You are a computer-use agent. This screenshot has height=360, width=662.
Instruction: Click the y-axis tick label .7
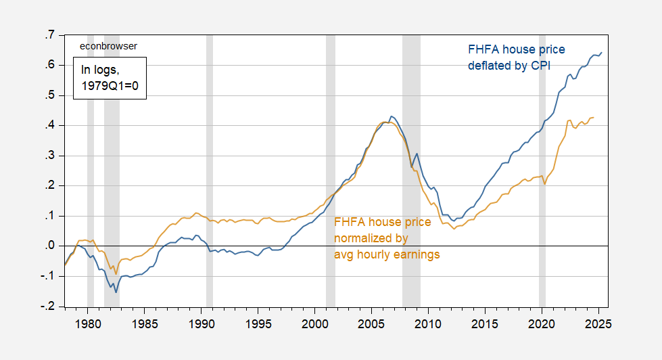[x=50, y=35]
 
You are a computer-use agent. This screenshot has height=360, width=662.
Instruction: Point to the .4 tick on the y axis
[x=50, y=126]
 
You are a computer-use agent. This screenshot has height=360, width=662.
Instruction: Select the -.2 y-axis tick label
[x=48, y=307]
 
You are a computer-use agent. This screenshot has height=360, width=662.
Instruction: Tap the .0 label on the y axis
[x=50, y=247]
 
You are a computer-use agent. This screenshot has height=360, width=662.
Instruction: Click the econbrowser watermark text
[x=108, y=46]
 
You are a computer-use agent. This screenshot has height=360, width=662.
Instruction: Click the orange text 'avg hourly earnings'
[x=387, y=254]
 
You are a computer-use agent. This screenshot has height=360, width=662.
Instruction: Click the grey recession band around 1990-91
[x=210, y=169]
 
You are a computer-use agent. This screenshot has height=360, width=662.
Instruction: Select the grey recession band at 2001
[x=330, y=169]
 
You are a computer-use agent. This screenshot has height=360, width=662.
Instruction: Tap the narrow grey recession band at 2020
[x=542, y=169]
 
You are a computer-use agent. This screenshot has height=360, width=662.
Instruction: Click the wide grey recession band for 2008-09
[x=411, y=169]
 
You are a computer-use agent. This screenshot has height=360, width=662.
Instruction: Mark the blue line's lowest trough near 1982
[x=116, y=292]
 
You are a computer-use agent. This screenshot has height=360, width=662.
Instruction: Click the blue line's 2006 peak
[x=392, y=116]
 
